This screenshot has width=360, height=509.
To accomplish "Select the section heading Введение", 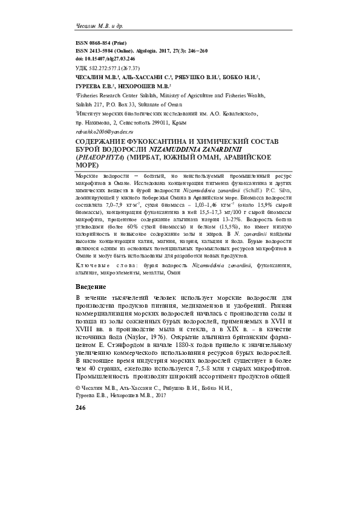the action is (91, 287).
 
